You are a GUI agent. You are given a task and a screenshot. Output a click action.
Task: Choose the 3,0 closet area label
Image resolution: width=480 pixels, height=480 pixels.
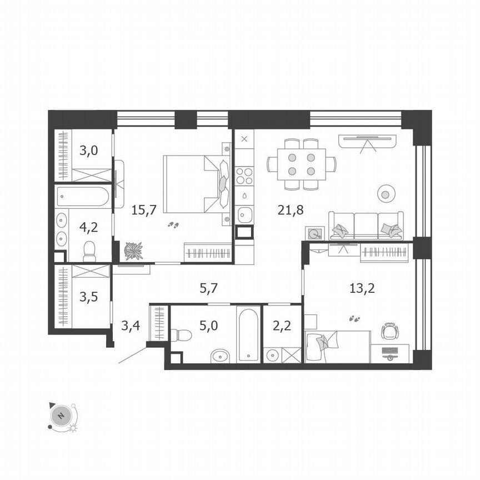point(86,150)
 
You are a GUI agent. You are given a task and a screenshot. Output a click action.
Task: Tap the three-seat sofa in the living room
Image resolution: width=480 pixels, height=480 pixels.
point(366,225)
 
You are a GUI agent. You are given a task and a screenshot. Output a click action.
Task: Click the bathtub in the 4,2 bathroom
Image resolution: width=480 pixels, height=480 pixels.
point(84,197)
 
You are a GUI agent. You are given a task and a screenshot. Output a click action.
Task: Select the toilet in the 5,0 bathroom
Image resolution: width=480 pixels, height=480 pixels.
point(181,335)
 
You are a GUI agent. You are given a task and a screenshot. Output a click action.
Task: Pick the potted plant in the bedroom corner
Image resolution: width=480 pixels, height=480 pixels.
point(133,251)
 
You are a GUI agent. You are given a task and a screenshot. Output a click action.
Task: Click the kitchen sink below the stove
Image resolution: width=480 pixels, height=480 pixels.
point(244,213)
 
